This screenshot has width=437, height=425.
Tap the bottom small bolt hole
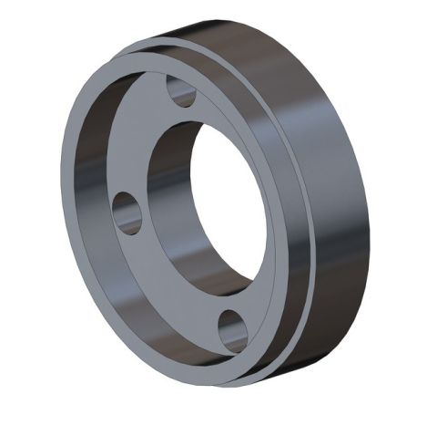(x=233, y=329)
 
